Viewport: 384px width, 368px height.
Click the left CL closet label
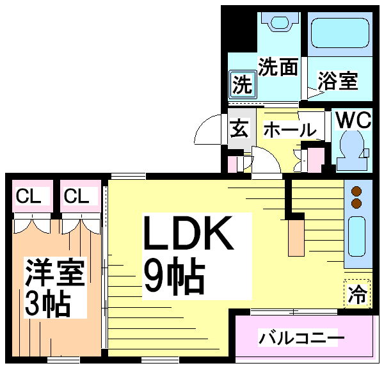[29, 196]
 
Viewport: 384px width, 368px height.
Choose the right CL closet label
[76, 196]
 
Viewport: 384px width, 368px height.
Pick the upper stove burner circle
[357, 191]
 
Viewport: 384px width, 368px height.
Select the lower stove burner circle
[357, 204]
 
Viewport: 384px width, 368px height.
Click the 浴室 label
[337, 82]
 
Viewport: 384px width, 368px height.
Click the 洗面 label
[278, 67]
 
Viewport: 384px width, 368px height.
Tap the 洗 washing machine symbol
[242, 84]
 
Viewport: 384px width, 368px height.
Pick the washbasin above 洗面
[279, 22]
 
